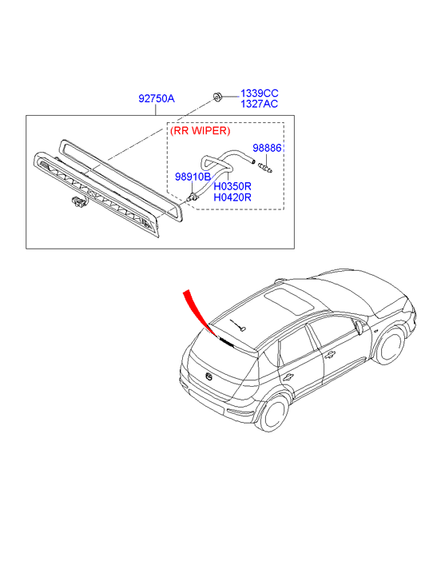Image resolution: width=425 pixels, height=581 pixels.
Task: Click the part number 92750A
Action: click(x=157, y=98)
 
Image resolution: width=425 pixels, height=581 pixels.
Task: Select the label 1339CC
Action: click(x=260, y=93)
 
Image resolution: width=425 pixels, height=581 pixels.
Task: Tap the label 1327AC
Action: click(x=260, y=104)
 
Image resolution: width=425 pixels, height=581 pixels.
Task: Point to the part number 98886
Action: click(x=267, y=148)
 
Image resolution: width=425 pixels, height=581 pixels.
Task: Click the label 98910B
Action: click(x=193, y=177)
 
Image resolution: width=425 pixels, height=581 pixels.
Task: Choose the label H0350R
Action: click(x=232, y=186)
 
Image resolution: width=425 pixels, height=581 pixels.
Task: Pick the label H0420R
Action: click(x=232, y=197)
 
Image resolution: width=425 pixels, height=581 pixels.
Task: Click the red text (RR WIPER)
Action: click(x=200, y=130)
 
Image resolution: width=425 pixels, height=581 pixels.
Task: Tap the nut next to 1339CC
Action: click(x=216, y=97)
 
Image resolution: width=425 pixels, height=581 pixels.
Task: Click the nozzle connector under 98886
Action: click(x=266, y=167)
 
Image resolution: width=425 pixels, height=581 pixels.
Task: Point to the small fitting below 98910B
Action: click(x=192, y=197)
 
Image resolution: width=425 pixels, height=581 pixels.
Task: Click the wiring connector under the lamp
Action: click(x=77, y=202)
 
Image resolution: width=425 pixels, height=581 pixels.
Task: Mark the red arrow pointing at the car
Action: click(x=200, y=313)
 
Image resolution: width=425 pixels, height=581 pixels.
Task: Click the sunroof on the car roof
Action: click(x=289, y=300)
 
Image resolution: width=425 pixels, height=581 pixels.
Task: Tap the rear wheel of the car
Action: click(x=274, y=413)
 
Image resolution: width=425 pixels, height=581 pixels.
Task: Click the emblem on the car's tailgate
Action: click(x=209, y=376)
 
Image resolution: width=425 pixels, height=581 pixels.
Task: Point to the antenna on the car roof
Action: click(x=237, y=325)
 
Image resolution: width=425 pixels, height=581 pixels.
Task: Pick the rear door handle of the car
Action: click(x=288, y=377)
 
